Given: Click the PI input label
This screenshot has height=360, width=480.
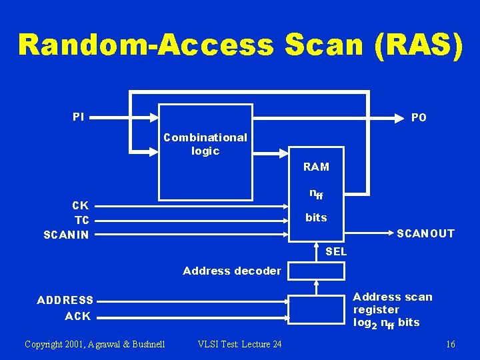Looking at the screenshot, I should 79,117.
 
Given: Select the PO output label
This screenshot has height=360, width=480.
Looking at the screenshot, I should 419,117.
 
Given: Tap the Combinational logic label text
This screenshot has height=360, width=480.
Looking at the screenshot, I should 205,144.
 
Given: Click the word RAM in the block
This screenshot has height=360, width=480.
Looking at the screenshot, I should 316,167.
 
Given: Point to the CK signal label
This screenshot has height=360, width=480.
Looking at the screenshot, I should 81,205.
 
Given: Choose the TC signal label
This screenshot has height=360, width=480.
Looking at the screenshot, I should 82,220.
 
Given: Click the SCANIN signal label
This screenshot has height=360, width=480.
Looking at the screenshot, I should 66,235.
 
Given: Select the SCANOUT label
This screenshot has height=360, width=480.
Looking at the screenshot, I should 425,233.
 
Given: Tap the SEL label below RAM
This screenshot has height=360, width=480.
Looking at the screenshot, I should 336,252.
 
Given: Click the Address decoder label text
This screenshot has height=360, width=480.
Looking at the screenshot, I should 232,271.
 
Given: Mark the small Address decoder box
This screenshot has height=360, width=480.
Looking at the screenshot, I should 316,271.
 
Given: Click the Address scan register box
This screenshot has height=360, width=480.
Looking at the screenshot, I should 316,309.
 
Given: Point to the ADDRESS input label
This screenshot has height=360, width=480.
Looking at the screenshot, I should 65,301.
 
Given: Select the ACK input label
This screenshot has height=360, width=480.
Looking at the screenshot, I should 78,316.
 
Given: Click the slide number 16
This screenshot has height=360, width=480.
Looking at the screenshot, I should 451,344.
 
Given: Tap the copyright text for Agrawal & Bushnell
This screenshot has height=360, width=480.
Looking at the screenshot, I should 95,344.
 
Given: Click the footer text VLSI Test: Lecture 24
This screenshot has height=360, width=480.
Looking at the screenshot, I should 240,344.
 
